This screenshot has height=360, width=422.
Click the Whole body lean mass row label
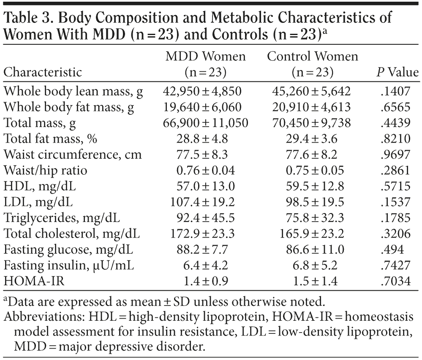point(73,92)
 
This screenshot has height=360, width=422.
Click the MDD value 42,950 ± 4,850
point(206,92)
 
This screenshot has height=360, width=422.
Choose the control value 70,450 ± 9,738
point(313,123)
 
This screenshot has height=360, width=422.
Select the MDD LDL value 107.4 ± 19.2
point(206,201)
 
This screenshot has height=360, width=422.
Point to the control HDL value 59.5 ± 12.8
point(313,186)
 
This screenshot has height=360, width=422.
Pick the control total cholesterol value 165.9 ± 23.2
point(313,233)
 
